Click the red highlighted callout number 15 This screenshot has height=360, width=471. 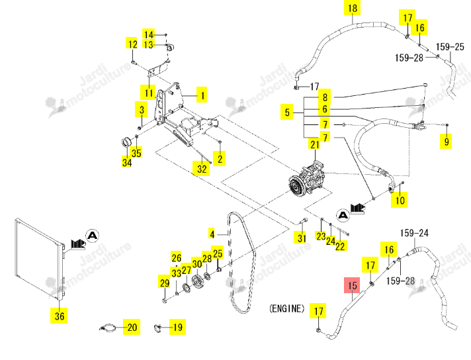pos(353,285)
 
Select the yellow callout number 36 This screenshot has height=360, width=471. pos(59,316)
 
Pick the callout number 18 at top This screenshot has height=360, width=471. pos(353,7)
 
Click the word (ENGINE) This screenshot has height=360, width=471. pos(286,308)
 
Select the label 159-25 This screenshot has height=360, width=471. pos(450,46)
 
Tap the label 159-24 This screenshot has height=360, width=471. pos(414,233)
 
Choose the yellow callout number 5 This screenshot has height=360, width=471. pos(287,112)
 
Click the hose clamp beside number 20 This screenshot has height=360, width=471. pos(108,328)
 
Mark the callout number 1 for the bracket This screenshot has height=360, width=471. pos(202,95)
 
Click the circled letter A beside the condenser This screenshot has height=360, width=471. pos(92,236)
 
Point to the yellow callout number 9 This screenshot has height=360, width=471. pos(446,141)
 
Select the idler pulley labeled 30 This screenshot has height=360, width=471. pos(197,281)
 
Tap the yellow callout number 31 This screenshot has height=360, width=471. pos(302,238)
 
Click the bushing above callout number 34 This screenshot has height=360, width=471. pos(126,142)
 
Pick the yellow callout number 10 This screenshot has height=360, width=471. pos(400,200)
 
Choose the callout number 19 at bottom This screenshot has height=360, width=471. pos(177,327)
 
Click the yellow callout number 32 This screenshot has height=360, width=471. pos(202,168)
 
